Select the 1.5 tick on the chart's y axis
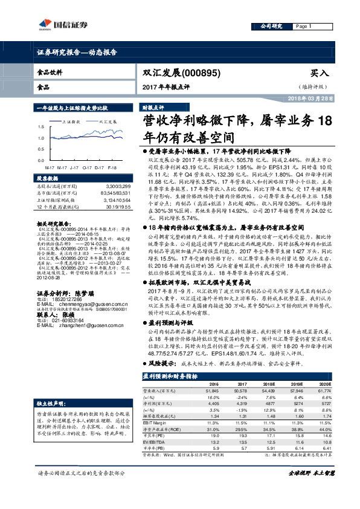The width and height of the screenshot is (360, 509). pyautogui.click(x=40, y=128)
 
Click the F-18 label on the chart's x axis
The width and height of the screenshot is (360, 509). pyautogui.click(x=112, y=166)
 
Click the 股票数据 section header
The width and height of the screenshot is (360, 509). pyautogui.click(x=49, y=180)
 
